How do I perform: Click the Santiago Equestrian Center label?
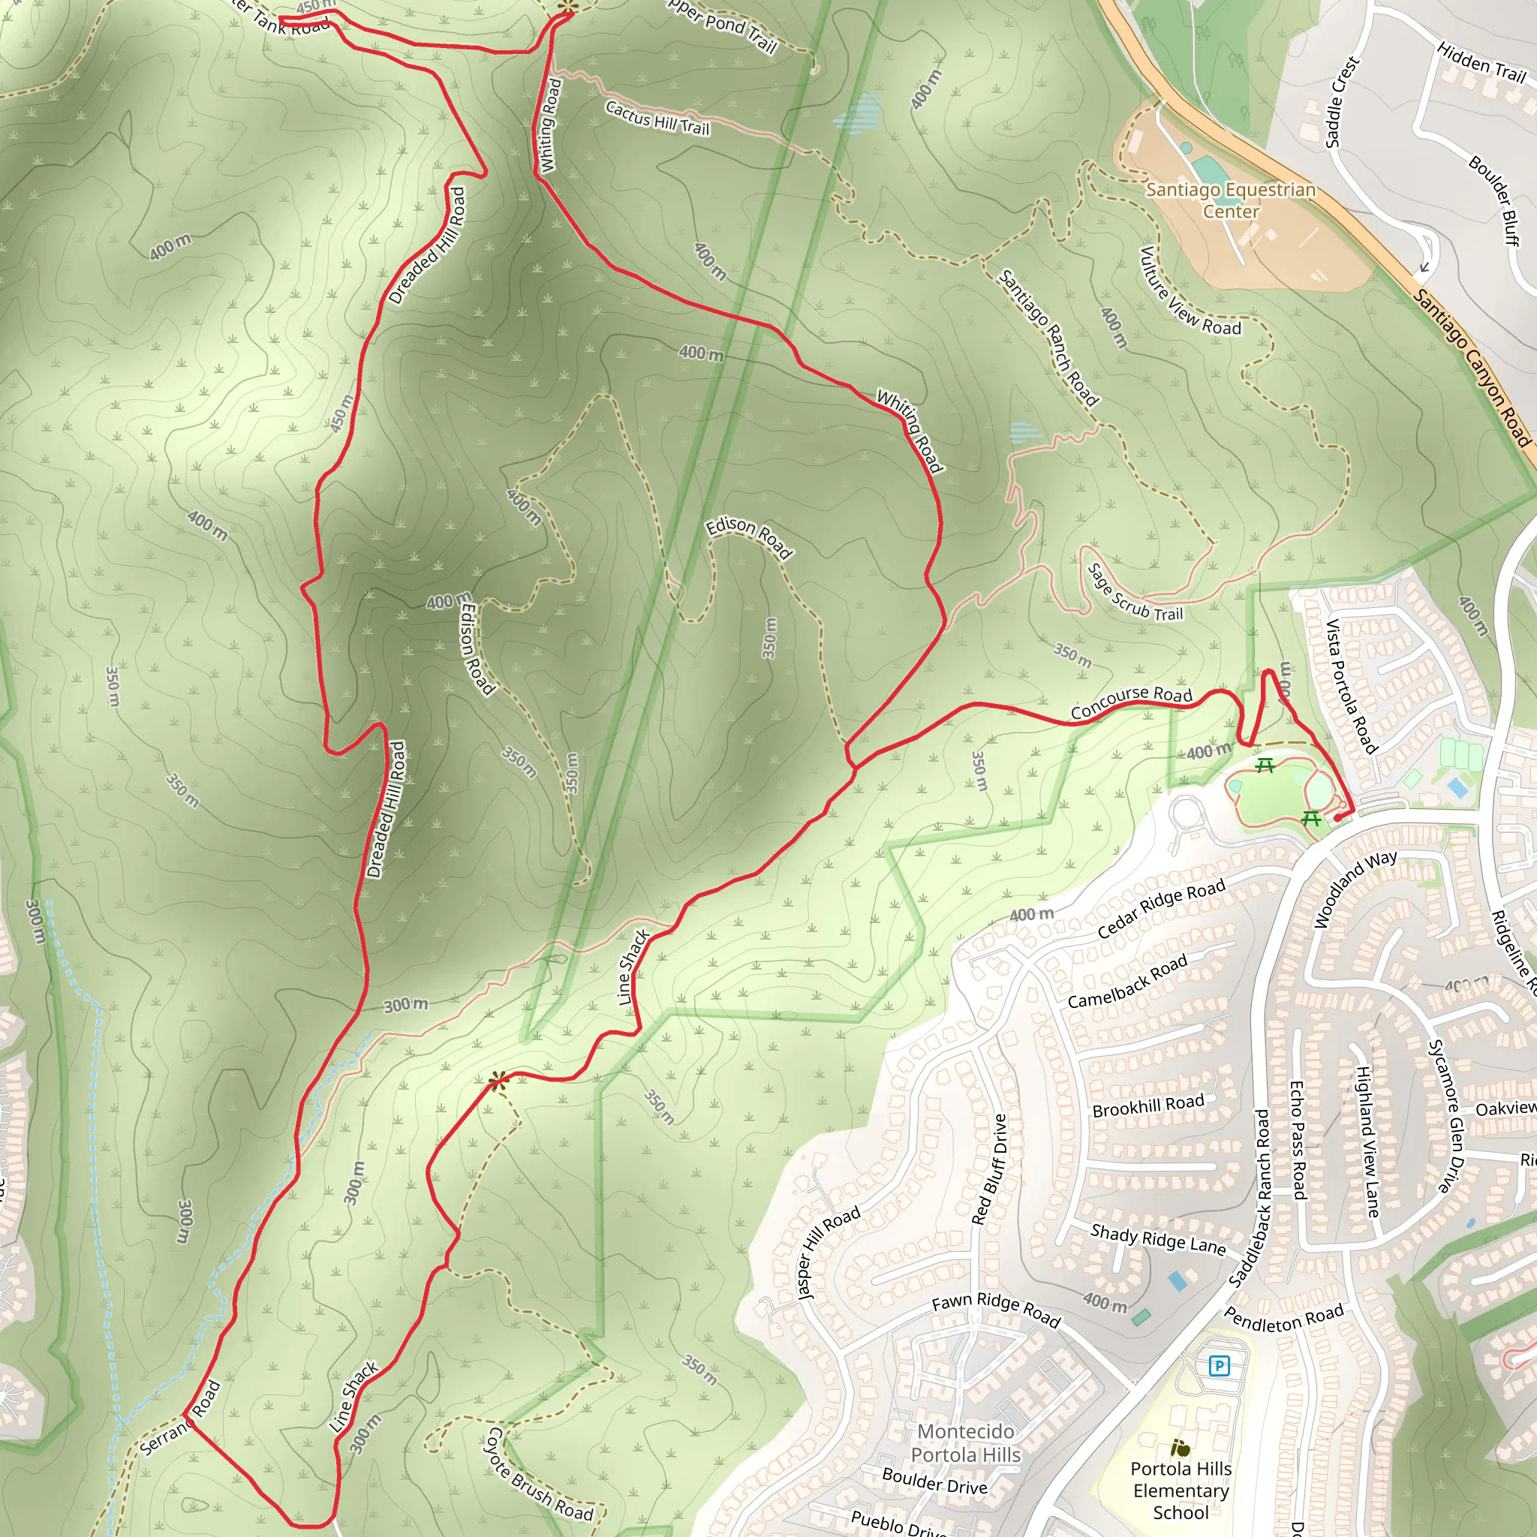point(1230,200)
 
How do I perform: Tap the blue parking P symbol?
point(1219,1367)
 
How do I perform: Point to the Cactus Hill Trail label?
point(657,118)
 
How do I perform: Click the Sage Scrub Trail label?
point(1135,594)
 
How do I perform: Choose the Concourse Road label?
point(1130,702)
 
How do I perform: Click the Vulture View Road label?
point(1189,292)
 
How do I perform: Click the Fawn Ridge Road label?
point(996,1310)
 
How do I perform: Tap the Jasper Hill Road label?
point(829,1253)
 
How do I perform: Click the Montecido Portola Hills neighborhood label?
point(965,1442)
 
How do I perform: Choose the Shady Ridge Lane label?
point(1157,1238)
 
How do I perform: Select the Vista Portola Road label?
point(1350,685)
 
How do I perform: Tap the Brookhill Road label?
point(1148,1105)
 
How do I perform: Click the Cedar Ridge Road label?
point(1161,910)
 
